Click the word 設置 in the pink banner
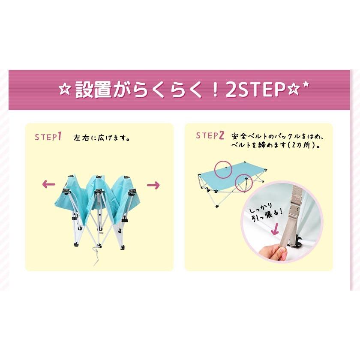pos(93,90)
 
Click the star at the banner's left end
pos(64,91)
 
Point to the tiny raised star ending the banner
pos(306,84)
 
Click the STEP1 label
pos(48,137)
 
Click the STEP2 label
pos(210,136)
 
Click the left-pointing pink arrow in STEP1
pos(48,185)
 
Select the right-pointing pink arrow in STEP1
pos(153,185)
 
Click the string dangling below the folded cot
pos(93,255)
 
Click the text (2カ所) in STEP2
pos(306,145)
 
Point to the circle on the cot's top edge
pos(224,168)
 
